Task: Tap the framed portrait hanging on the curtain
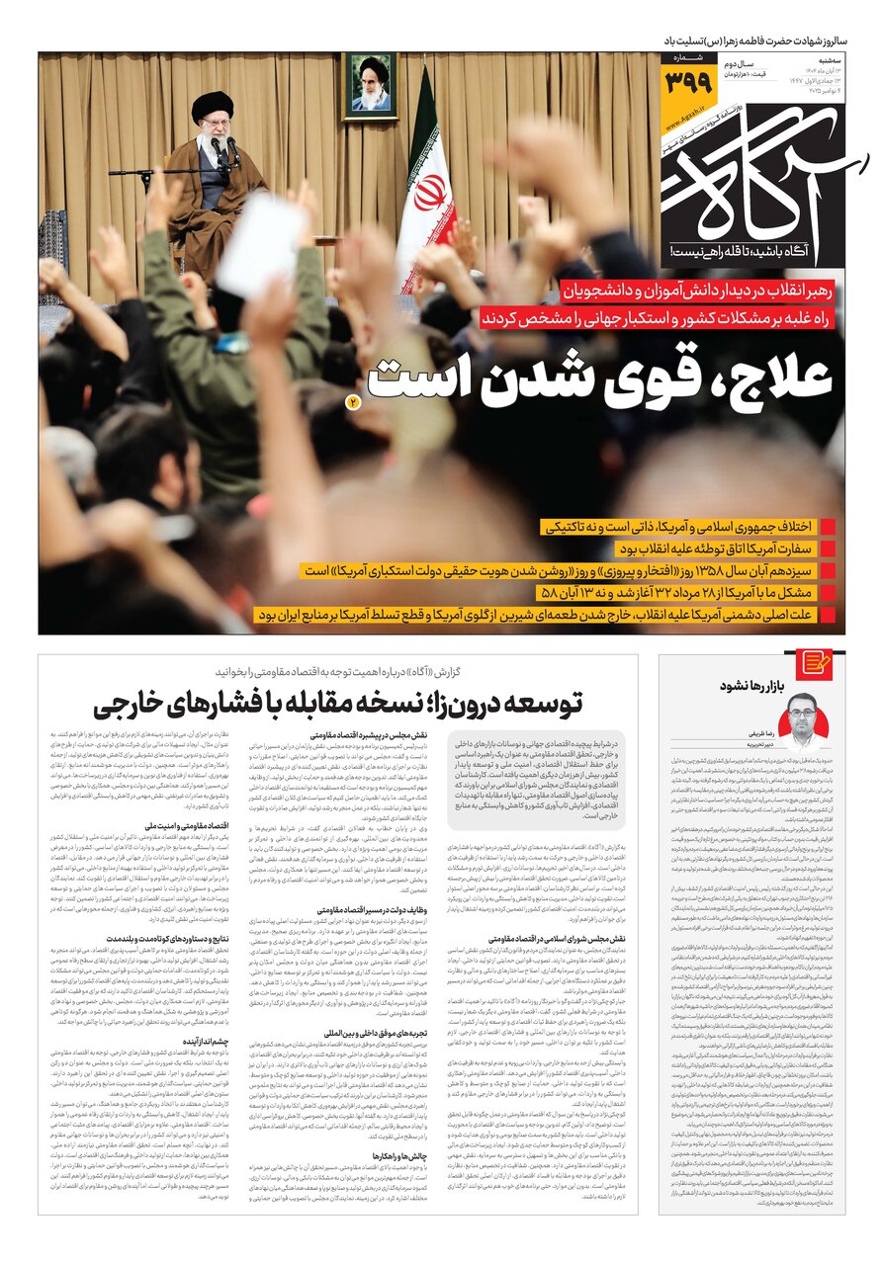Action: click(371, 84)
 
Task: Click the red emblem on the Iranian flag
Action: click(429, 192)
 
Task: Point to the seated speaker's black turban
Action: click(212, 106)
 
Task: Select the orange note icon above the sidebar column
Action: click(814, 665)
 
